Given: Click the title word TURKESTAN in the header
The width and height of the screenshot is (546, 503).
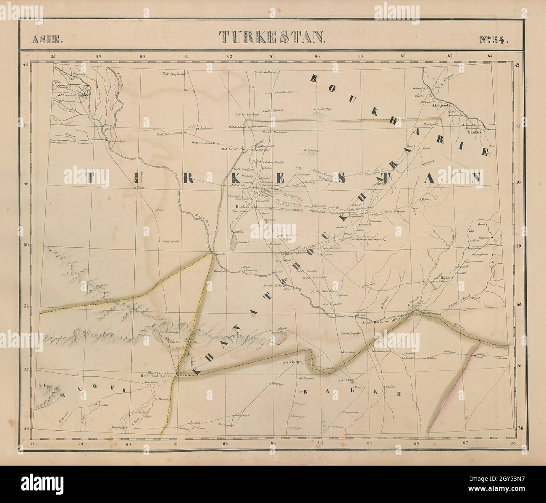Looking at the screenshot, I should point(272,37).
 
